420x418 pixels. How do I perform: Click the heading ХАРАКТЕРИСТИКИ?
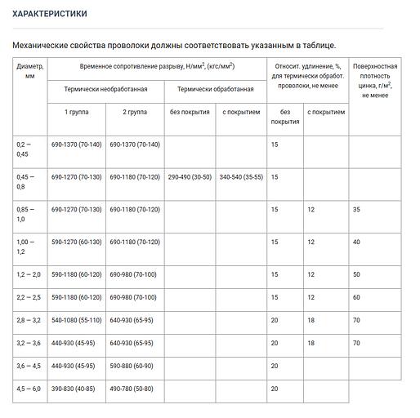pos(50,14)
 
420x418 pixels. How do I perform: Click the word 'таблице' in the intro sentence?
pos(312,46)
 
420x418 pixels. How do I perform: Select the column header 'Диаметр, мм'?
pos(29,69)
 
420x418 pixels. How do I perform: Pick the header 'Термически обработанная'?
pos(215,88)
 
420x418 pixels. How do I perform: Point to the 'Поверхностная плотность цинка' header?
pos(374,80)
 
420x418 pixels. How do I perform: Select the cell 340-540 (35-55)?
pos(241,176)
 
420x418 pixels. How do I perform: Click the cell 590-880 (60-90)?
pos(132,366)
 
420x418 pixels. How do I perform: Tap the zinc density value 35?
pos(356,210)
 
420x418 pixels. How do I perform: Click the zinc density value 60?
pos(356,297)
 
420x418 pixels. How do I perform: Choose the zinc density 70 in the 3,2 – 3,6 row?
pos(356,343)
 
